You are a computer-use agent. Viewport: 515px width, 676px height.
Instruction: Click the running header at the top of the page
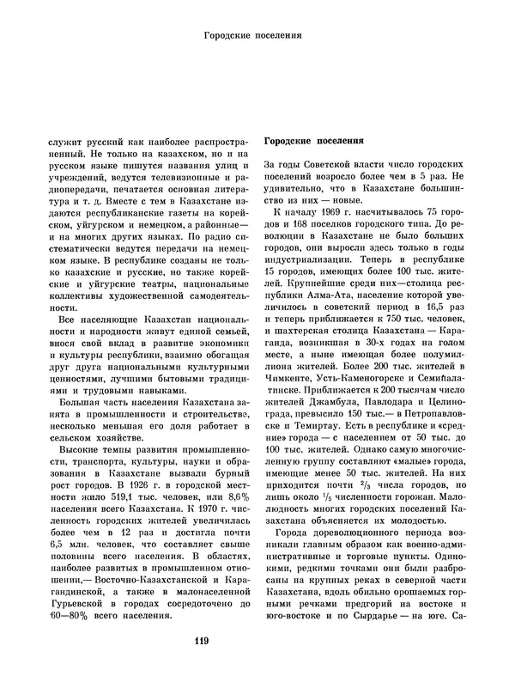coord(257,36)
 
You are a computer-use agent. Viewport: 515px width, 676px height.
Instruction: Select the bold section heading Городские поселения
coord(313,141)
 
